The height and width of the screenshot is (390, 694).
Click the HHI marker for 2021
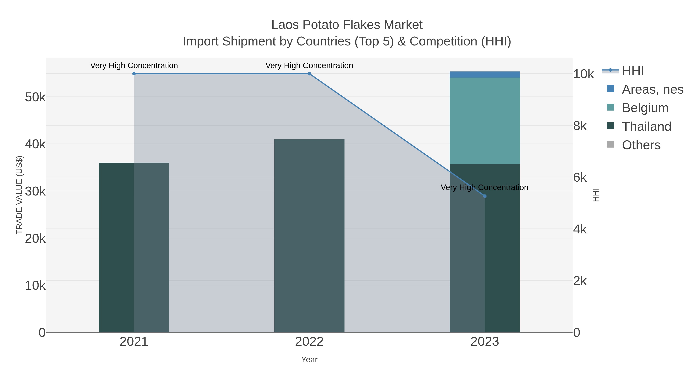coord(134,74)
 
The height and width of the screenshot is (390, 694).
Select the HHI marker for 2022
coord(309,74)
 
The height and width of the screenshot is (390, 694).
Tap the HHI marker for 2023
coord(485,196)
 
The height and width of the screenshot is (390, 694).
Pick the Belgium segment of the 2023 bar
coord(485,121)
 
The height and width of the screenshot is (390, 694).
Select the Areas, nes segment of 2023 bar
coord(485,75)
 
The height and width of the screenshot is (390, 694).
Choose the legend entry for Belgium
coord(645,108)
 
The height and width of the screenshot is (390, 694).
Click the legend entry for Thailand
coord(646,127)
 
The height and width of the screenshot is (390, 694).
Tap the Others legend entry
coord(641,145)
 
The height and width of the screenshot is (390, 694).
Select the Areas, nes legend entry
coord(652,89)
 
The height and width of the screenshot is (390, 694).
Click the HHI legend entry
coord(633,71)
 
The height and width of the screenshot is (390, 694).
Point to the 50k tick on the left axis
coord(35,97)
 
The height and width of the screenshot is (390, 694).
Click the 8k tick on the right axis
coord(580,126)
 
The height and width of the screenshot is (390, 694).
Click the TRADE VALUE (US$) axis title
coord(19,195)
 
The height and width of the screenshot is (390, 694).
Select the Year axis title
coord(309,360)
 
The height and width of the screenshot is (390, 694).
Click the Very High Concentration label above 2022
coord(309,66)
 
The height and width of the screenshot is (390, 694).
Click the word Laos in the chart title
coord(285,25)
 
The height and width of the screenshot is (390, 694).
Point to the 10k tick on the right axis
coord(583,74)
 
